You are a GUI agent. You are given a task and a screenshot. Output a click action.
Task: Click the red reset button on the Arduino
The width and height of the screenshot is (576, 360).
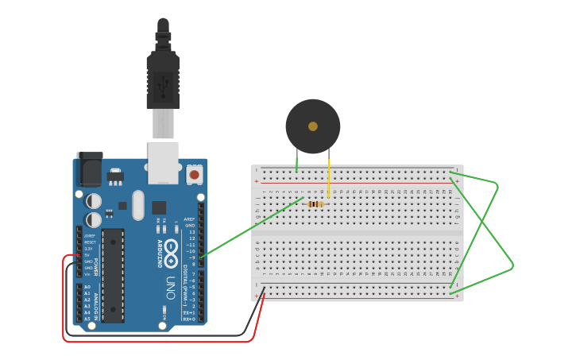coord(194,173)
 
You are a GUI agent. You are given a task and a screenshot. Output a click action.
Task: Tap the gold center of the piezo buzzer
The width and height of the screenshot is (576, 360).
coord(313,126)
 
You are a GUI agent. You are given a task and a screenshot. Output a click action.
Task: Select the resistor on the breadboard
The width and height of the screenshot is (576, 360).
coord(315,204)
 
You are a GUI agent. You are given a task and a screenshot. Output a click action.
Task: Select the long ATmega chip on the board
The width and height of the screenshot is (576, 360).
coord(113,275)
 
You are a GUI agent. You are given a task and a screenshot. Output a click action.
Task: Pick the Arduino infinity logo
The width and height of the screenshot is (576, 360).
coord(170,253)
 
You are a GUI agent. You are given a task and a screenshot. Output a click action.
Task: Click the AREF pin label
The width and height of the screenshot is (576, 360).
coord(189,219)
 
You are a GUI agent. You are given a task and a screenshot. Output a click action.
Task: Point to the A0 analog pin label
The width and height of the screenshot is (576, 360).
coord(87,287)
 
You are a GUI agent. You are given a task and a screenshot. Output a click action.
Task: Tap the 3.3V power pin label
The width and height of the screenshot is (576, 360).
coord(90,249)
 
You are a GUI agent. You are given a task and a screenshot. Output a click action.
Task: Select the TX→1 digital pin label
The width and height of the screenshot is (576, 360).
coord(188,312)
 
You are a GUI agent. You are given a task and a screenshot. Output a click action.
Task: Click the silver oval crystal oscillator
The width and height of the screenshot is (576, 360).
coord(138,205)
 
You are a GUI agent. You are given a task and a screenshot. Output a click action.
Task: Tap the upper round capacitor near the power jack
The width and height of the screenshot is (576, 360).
coord(94,201)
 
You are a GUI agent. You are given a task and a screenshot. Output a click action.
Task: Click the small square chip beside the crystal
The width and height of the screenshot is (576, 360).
coord(159,207)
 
